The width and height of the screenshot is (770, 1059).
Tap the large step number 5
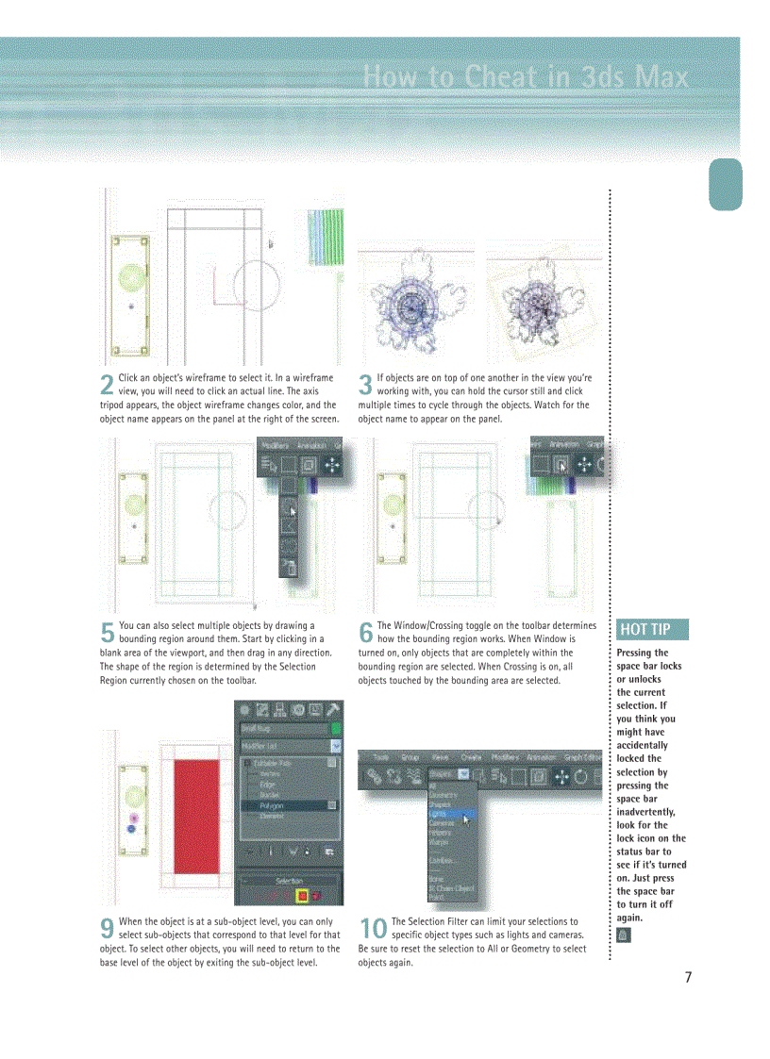(x=108, y=633)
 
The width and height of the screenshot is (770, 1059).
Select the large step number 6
(x=366, y=633)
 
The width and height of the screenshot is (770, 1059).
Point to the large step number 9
(x=108, y=929)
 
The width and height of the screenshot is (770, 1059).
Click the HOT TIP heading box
(x=652, y=630)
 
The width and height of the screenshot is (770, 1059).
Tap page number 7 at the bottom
(x=688, y=977)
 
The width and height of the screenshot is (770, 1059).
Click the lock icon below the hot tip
(x=623, y=935)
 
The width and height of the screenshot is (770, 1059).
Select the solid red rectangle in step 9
(x=197, y=812)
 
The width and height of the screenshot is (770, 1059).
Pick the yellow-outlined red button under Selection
(x=302, y=895)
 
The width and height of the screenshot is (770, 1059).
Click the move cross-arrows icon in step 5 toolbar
(x=332, y=464)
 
